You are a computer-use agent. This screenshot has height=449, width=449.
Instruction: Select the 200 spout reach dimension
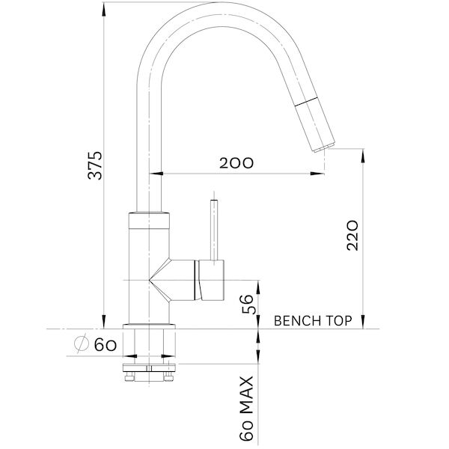click(236, 162)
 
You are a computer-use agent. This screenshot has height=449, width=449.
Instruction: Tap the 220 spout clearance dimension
click(354, 235)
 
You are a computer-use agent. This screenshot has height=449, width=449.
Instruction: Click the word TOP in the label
click(337, 321)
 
